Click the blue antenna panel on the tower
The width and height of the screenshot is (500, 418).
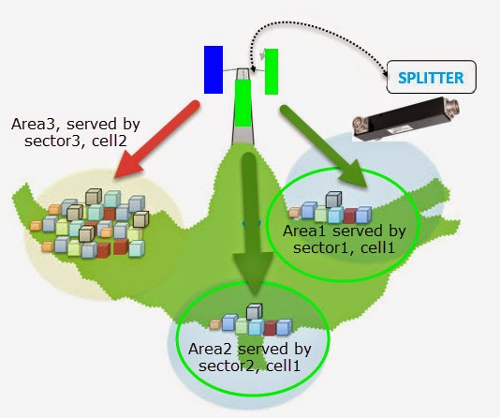pyautogui.click(x=213, y=70)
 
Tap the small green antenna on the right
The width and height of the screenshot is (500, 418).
pyautogui.click(x=272, y=71)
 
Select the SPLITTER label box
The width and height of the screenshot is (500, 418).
pyautogui.click(x=431, y=76)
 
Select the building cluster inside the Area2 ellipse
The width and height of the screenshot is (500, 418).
pyautogui.click(x=251, y=322)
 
